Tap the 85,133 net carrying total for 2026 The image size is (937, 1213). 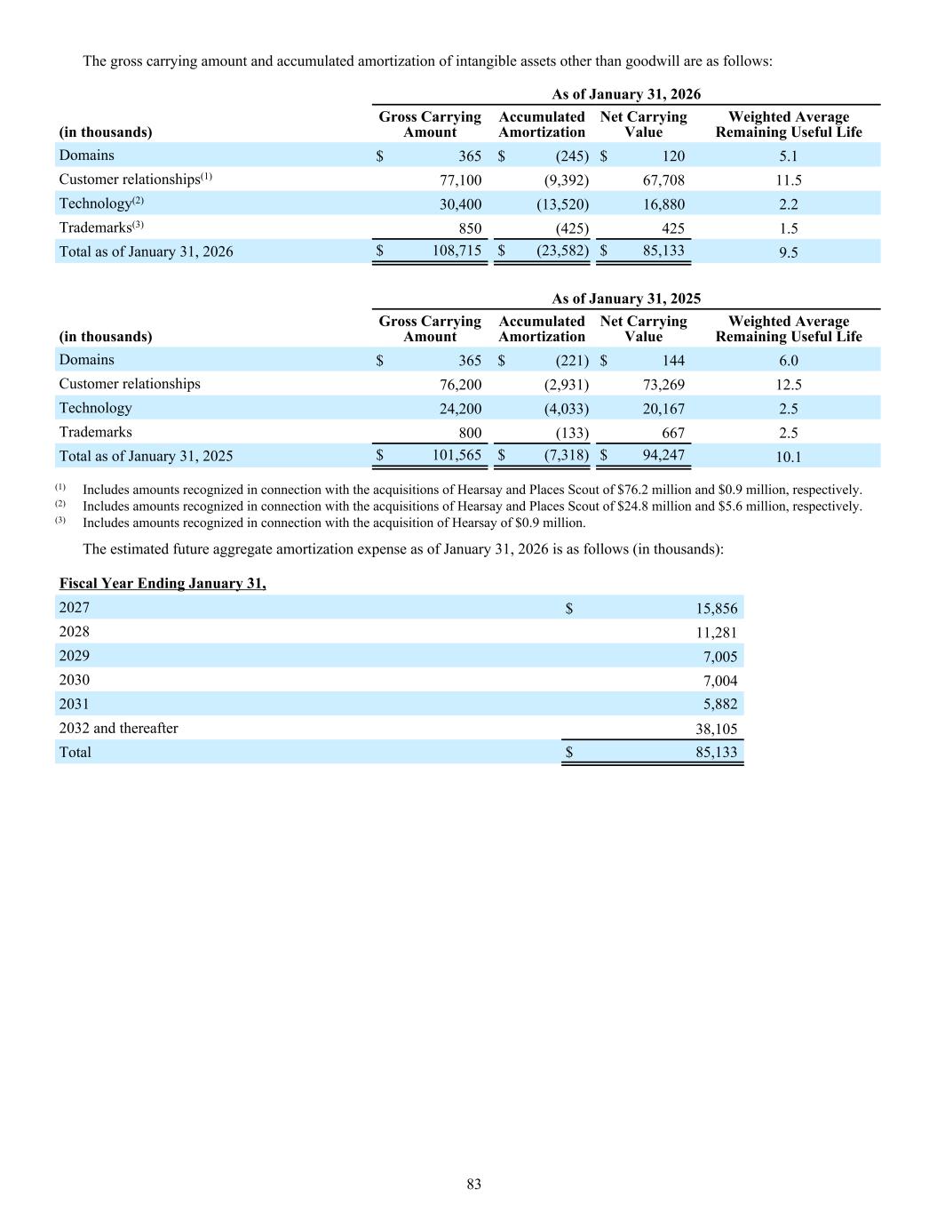click(663, 251)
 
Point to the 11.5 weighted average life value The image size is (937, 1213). click(789, 180)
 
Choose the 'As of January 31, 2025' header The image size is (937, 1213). click(626, 299)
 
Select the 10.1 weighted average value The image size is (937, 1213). click(789, 457)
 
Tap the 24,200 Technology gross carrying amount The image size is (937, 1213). click(457, 409)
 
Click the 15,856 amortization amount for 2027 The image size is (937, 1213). click(716, 609)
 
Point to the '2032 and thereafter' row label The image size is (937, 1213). click(118, 729)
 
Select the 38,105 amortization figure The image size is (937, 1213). click(716, 730)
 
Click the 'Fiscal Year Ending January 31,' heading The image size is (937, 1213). click(163, 584)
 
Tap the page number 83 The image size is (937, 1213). click(474, 1184)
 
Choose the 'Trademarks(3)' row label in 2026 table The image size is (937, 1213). click(101, 227)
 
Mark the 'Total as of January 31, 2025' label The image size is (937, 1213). click(146, 456)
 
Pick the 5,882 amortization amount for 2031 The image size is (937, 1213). click(720, 705)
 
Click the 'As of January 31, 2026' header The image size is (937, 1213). click(626, 94)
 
